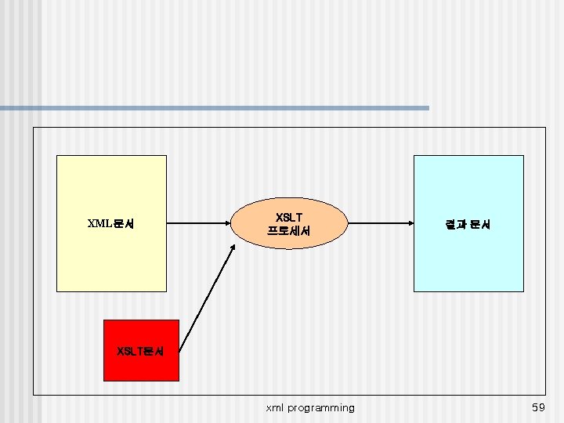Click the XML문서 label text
point(110,224)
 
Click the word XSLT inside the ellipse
point(290,217)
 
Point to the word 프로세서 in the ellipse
point(289,231)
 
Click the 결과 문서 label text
point(468,225)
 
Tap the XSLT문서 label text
point(140,352)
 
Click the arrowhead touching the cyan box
point(409,224)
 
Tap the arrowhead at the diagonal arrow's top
point(233,248)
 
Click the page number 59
point(538,407)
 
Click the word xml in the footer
point(275,407)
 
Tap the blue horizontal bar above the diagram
point(215,107)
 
